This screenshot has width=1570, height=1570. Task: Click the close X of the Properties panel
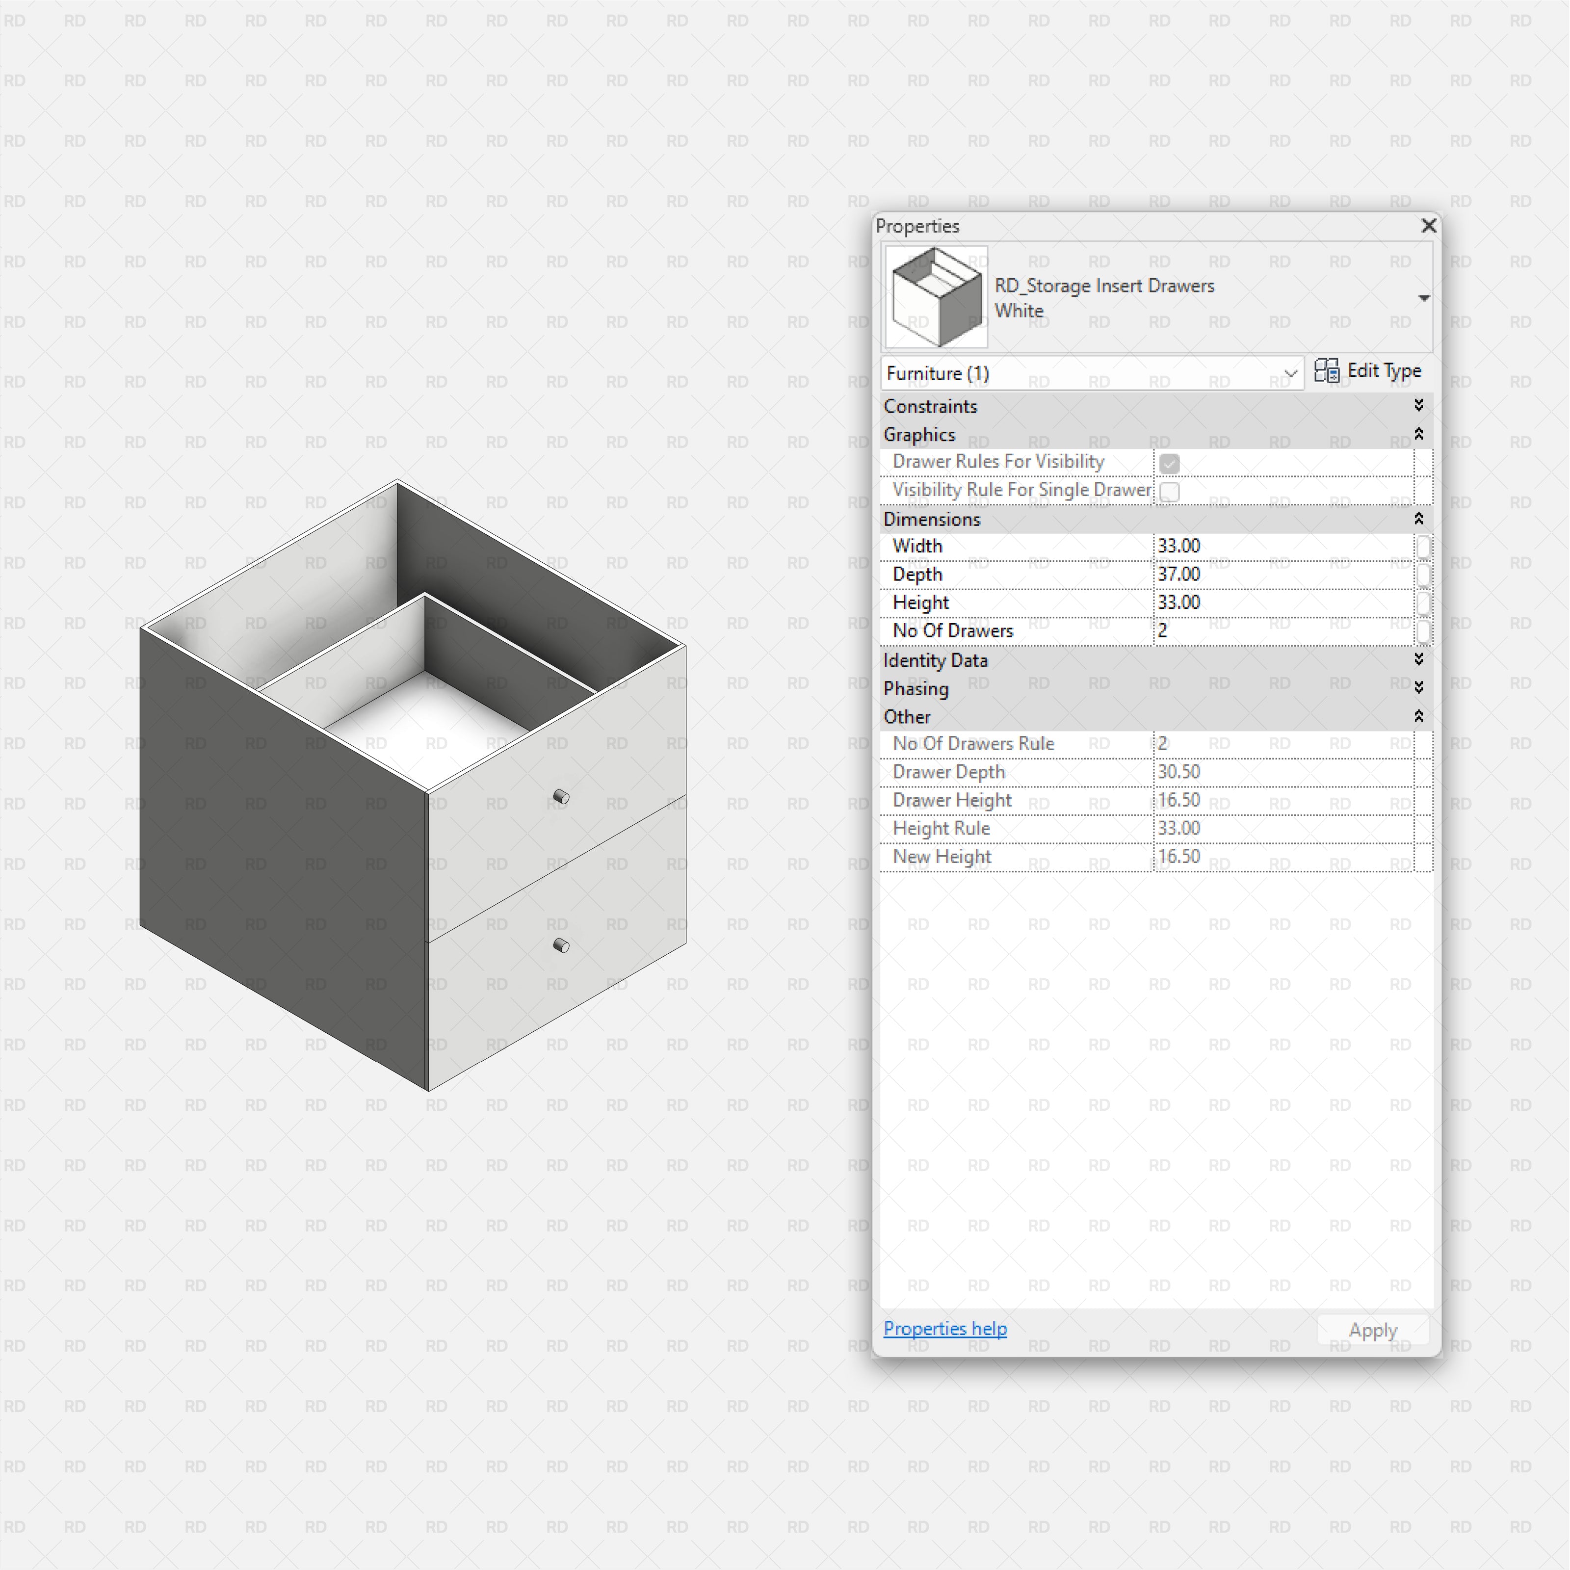[x=1428, y=225]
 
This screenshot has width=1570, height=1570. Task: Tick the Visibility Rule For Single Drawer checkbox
[x=1169, y=491]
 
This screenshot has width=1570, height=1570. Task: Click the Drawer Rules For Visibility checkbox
[x=1169, y=462]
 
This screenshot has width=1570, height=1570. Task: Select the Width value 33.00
[x=1178, y=546]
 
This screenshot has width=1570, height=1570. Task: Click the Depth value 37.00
[x=1178, y=575]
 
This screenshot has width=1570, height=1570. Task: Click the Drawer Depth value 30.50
[x=1178, y=772]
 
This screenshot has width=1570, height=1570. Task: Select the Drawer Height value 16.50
[x=1178, y=800]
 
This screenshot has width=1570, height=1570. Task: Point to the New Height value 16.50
[x=1178, y=857]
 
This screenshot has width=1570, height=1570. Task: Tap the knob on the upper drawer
[x=561, y=796]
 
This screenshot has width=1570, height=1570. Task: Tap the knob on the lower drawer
[x=561, y=945]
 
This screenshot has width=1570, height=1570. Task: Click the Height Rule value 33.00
[x=1178, y=828]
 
